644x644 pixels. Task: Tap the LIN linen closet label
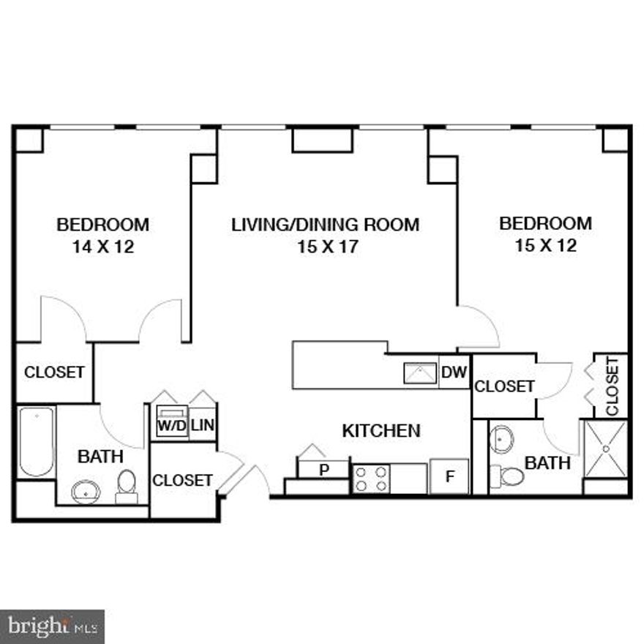(203, 426)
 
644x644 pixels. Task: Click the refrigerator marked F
(449, 476)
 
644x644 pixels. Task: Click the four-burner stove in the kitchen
(370, 479)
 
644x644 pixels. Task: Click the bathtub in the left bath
(36, 441)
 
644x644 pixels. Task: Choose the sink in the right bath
(502, 439)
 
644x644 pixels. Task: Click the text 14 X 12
(103, 247)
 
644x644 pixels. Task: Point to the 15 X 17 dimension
(326, 247)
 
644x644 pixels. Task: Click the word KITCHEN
(381, 431)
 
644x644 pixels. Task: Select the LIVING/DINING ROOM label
(326, 224)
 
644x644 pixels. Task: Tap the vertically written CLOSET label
(613, 386)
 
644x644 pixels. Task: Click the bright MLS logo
(52, 626)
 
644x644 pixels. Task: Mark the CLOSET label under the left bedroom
(54, 372)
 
